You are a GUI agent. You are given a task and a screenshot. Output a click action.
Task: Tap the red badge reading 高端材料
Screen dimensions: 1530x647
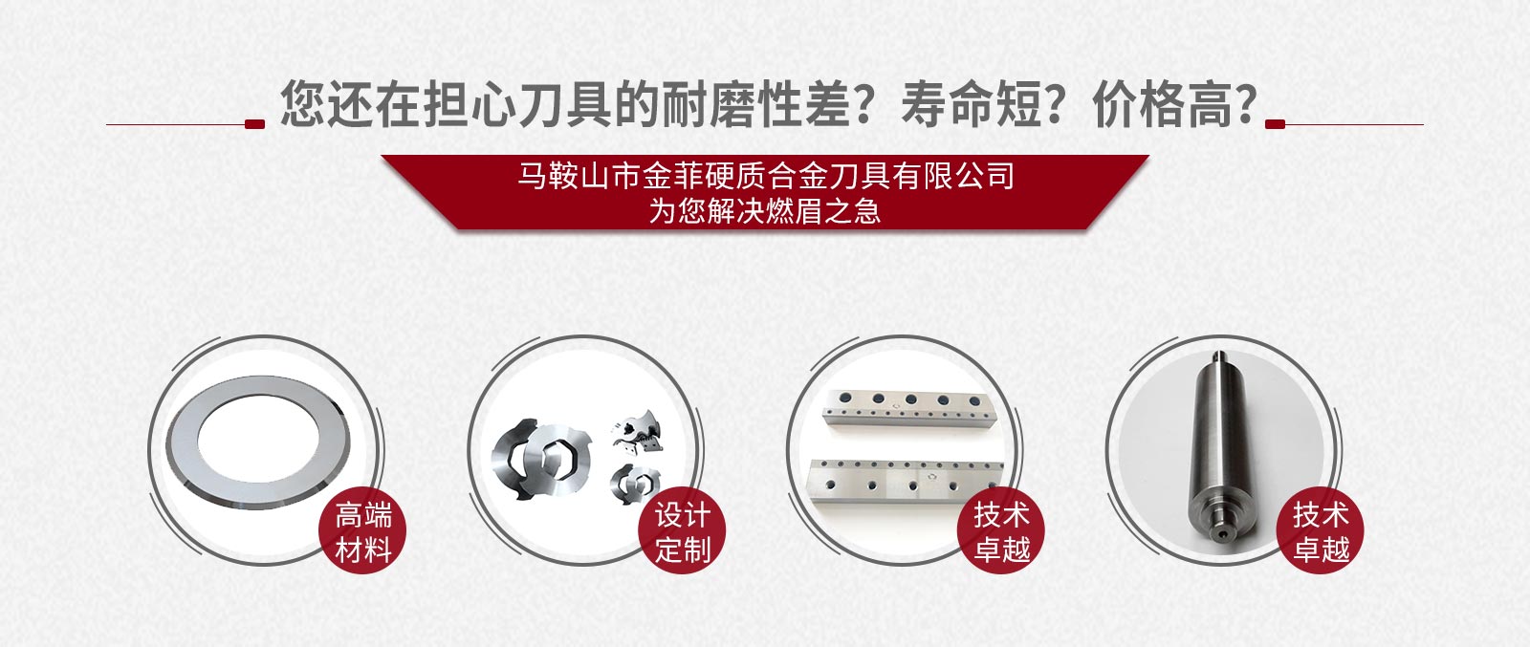362,530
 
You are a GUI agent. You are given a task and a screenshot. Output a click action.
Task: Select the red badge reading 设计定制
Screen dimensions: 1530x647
682,530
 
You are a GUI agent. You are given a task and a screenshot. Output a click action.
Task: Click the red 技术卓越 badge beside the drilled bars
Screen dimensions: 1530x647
1001,530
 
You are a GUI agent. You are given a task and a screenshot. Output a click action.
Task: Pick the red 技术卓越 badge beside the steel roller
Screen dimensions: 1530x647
1321,530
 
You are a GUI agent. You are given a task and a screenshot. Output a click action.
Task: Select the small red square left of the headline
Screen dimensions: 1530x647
254,124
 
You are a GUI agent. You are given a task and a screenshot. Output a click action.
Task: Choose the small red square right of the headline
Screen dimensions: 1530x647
1276,124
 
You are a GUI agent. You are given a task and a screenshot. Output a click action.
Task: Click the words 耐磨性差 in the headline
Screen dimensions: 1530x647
757,104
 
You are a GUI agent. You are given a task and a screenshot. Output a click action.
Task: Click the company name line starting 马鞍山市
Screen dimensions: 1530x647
765,176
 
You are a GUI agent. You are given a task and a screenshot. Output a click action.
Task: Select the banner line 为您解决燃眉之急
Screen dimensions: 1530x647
765,211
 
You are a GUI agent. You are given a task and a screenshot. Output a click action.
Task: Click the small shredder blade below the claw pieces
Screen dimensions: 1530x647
634,484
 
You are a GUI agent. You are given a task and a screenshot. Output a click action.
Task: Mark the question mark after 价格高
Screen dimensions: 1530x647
1247,104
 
